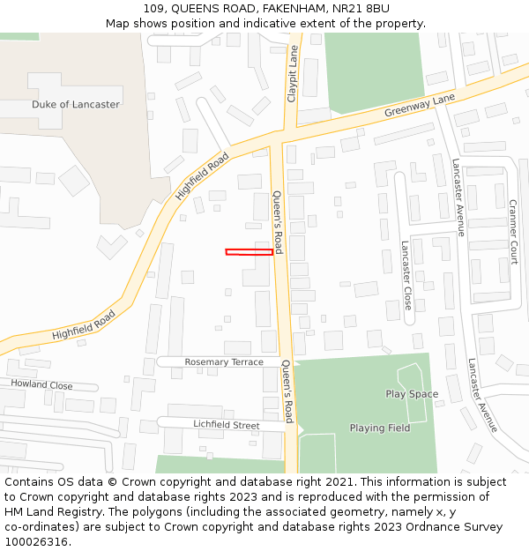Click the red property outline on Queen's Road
pyautogui.click(x=249, y=252)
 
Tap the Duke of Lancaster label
pyautogui.click(x=75, y=104)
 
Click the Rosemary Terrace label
pyautogui.click(x=224, y=362)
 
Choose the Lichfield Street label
pyautogui.click(x=226, y=425)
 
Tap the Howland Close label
pyautogui.click(x=41, y=385)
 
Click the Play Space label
pyautogui.click(x=412, y=394)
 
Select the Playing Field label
pyautogui.click(x=379, y=428)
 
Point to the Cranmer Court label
pyautogui.click(x=513, y=231)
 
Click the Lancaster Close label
pyautogui.click(x=406, y=275)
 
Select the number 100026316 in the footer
pyautogui.click(x=36, y=541)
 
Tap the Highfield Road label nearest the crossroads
pyautogui.click(x=203, y=175)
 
